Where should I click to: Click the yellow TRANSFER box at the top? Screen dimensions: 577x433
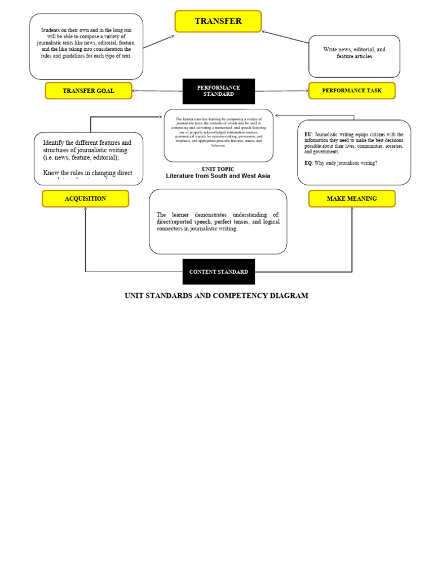pyautogui.click(x=218, y=21)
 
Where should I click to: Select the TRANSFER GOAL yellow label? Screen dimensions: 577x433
pyautogui.click(x=89, y=91)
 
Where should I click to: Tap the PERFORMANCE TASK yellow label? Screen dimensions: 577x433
pyautogui.click(x=352, y=91)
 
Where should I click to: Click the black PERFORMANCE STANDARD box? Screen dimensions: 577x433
pyautogui.click(x=219, y=91)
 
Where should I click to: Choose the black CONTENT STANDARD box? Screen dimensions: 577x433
pyautogui.click(x=219, y=272)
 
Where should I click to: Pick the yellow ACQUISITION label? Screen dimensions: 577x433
pyautogui.click(x=85, y=198)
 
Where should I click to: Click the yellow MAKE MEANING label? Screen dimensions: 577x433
pyautogui.click(x=352, y=198)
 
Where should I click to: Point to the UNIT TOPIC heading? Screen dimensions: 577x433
pyautogui.click(x=218, y=169)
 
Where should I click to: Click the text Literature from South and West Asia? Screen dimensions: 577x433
pyautogui.click(x=218, y=176)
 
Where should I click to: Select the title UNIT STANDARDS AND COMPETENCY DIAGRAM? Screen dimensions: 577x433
pyautogui.click(x=216, y=296)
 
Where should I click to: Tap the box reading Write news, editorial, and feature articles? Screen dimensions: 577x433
pyautogui.click(x=354, y=53)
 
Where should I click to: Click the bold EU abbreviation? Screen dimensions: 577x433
pyautogui.click(x=308, y=135)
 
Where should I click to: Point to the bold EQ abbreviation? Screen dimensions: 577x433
pyautogui.click(x=308, y=163)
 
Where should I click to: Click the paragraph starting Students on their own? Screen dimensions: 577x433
pyautogui.click(x=86, y=43)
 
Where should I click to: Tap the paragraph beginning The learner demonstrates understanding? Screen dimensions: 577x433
pyautogui.click(x=218, y=221)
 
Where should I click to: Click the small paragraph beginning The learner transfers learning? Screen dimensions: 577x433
pyautogui.click(x=219, y=132)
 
